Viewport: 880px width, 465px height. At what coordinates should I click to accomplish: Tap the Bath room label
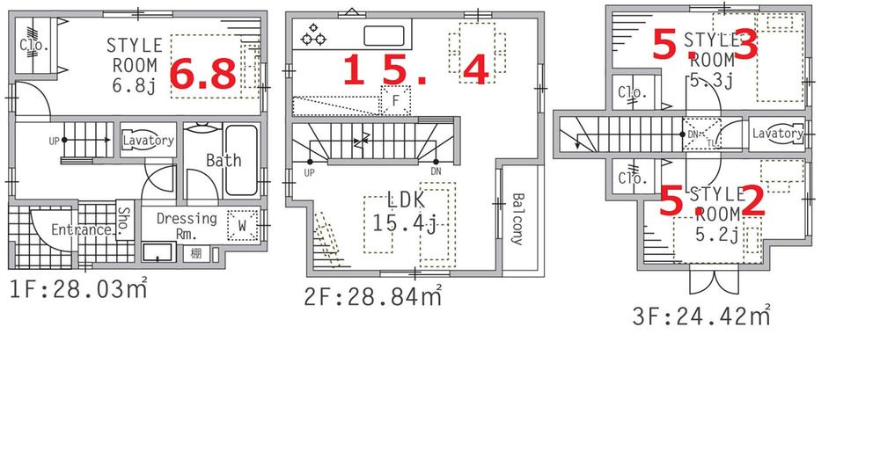click(x=224, y=160)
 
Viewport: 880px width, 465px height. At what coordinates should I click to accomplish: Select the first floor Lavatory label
click(x=148, y=141)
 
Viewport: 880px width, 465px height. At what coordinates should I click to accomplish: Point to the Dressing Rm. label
click(x=186, y=226)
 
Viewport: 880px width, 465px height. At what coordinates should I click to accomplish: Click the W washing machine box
click(x=242, y=227)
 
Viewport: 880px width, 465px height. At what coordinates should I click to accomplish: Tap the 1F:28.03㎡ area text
click(x=77, y=287)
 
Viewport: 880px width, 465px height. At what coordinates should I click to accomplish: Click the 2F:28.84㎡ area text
click(x=372, y=297)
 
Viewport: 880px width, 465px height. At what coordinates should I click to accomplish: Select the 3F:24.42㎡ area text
click(x=702, y=315)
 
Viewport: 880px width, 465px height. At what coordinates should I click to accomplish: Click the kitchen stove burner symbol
click(x=312, y=37)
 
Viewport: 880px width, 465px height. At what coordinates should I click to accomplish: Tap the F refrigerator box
click(x=395, y=100)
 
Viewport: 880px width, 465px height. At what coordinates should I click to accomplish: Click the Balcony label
click(x=517, y=219)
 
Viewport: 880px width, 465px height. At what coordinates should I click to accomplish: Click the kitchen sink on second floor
click(x=384, y=36)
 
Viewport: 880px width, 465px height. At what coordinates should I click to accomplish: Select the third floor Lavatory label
click(x=777, y=134)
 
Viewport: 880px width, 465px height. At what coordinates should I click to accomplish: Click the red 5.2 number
click(x=713, y=202)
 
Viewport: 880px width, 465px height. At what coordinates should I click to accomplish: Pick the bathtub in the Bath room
click(x=240, y=159)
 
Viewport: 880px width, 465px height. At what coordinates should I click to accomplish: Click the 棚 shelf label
click(x=194, y=254)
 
